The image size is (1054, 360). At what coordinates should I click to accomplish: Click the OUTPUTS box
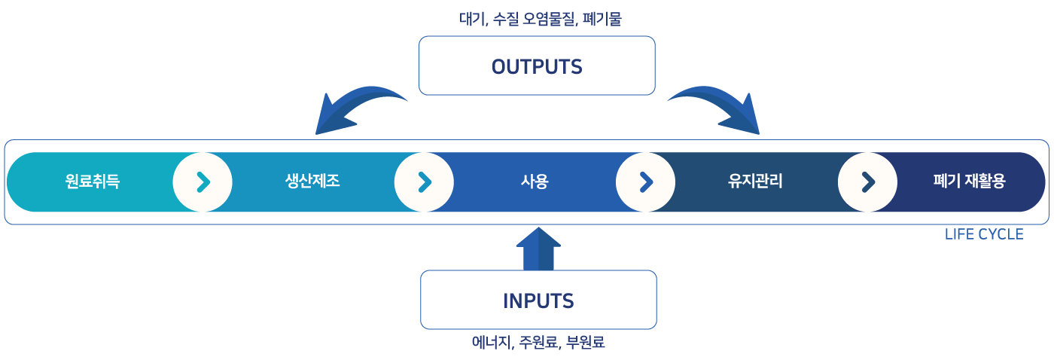(x=537, y=66)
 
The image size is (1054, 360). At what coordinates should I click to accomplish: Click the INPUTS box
(x=538, y=301)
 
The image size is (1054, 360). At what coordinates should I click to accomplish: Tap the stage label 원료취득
(x=92, y=182)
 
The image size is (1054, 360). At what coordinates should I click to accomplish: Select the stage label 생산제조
(x=312, y=182)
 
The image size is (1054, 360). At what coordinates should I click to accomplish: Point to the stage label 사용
(x=535, y=182)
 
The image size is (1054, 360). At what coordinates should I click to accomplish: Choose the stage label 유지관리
(x=755, y=182)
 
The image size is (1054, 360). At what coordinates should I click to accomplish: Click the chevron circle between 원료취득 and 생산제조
(x=203, y=182)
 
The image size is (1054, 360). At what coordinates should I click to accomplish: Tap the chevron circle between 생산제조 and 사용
(x=424, y=182)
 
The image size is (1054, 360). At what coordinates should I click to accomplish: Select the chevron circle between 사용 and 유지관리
(x=645, y=182)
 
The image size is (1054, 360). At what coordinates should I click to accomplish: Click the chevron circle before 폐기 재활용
(x=867, y=182)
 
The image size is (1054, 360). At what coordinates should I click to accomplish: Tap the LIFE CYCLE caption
(x=983, y=235)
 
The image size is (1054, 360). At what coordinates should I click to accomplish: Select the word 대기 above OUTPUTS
(x=472, y=19)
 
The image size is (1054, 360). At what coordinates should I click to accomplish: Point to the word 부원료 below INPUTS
(x=586, y=343)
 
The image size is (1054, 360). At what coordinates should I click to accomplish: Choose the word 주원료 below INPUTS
(x=539, y=343)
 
